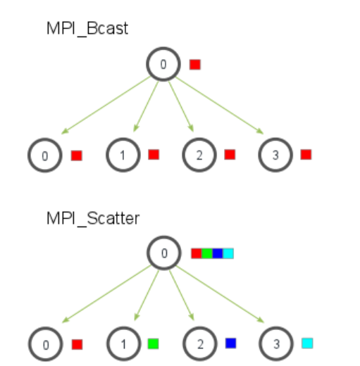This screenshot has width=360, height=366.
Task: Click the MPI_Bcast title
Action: [87, 29]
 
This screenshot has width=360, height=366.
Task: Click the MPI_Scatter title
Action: [93, 219]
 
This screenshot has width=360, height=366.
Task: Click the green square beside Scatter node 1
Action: [154, 343]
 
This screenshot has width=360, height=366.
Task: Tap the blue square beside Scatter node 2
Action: [230, 343]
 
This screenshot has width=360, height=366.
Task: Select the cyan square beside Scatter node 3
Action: [307, 343]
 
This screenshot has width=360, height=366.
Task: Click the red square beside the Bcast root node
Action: [195, 65]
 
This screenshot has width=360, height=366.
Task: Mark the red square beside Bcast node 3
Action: [306, 155]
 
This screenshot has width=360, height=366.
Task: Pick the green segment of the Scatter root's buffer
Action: [207, 253]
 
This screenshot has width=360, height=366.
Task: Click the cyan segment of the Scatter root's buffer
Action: [228, 253]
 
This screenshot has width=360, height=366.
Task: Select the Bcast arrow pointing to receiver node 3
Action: [220, 106]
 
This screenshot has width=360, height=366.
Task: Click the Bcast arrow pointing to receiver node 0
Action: [106, 106]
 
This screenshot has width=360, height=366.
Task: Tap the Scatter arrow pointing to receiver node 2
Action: [182, 296]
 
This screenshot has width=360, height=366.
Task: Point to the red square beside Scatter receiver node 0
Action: [77, 344]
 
